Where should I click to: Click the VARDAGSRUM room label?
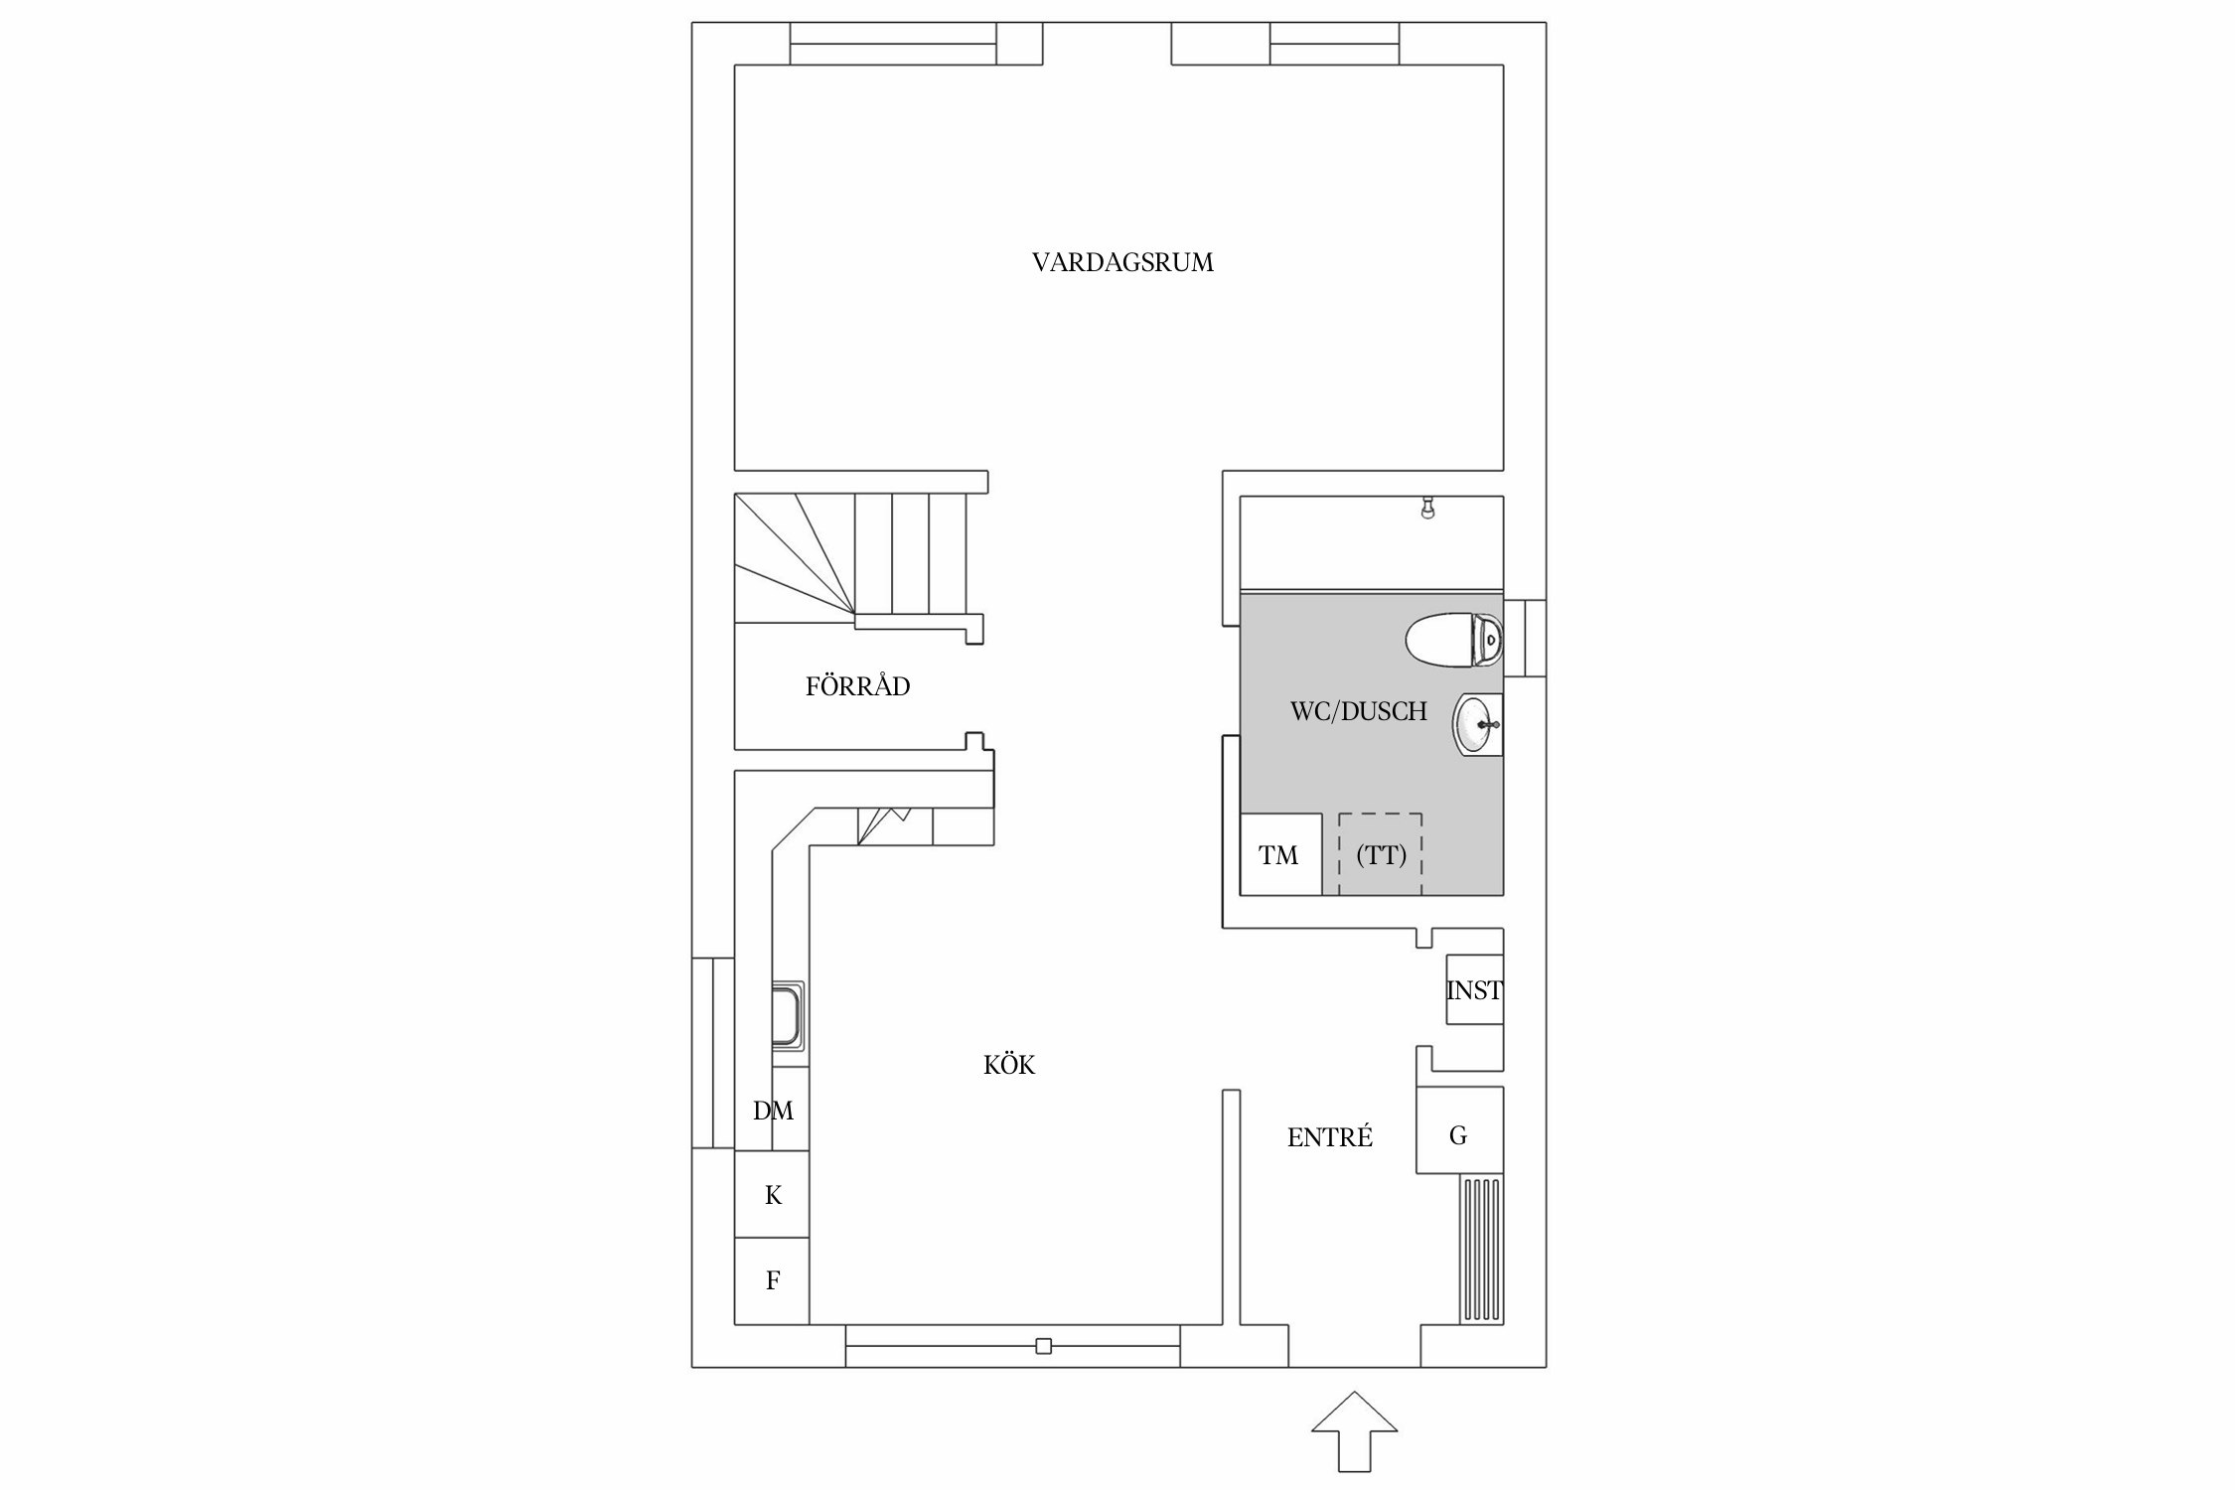point(1122,263)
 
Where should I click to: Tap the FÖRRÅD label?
point(857,686)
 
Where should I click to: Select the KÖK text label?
point(1009,1066)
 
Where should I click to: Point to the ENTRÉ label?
point(1329,1138)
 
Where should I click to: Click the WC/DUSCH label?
point(1358,711)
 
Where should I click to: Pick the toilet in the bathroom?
point(1453,639)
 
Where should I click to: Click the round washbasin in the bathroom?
point(1478,724)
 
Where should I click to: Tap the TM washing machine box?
point(1279,855)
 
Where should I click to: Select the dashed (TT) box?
point(1381,855)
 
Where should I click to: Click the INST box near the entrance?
point(1474,990)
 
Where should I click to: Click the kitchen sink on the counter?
point(789,1014)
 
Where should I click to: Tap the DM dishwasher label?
point(773,1111)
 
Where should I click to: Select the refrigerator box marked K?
point(773,1195)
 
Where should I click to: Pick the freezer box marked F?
point(773,1281)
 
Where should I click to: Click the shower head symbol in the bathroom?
point(1427,510)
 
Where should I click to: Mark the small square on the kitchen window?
point(1043,1347)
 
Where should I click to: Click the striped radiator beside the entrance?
point(1481,1250)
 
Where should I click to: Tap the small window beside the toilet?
point(1525,638)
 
